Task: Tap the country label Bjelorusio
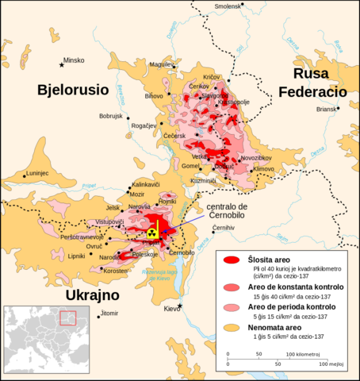(73, 90)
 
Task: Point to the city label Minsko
(74, 60)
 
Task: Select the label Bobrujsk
(113, 117)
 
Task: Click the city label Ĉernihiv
(224, 228)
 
